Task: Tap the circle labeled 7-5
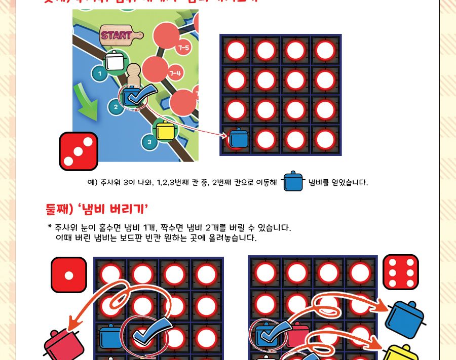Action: [x=183, y=48]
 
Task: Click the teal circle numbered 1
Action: [x=100, y=74]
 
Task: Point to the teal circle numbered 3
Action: [x=149, y=142]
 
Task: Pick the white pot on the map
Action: [x=115, y=61]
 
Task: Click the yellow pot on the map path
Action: [x=165, y=131]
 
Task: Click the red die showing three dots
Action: [x=79, y=151]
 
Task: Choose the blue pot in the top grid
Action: [x=238, y=138]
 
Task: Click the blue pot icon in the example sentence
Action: [x=292, y=182]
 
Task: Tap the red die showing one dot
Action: [x=69, y=274]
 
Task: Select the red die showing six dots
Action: [x=400, y=272]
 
